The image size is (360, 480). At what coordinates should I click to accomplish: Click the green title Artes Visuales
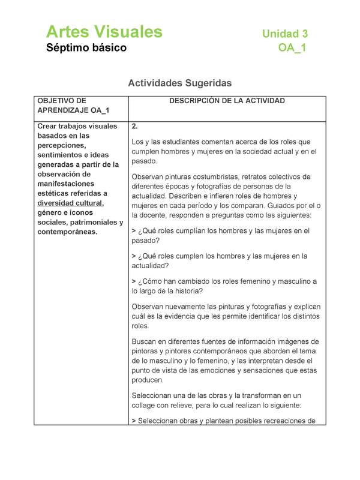tap(104, 32)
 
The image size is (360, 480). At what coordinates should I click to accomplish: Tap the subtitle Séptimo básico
tap(86, 48)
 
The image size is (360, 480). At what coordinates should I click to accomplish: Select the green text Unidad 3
tap(285, 34)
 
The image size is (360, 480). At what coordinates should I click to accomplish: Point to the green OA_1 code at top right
tap(292, 48)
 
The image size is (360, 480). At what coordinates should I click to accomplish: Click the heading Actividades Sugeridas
tap(180, 83)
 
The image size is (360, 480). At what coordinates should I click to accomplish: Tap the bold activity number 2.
tap(135, 127)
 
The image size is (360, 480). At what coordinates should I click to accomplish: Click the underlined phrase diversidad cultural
tap(70, 203)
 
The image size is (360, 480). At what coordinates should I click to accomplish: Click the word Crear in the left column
tap(49, 126)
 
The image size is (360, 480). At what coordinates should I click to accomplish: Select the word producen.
tap(147, 380)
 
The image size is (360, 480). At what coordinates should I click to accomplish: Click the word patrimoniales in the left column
tap(92, 222)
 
